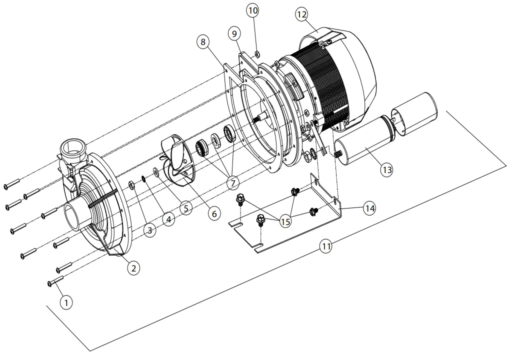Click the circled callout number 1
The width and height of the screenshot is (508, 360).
(66, 302)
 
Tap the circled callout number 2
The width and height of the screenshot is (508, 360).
(133, 267)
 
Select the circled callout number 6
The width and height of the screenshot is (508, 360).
(214, 213)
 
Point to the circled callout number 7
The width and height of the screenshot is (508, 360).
(232, 183)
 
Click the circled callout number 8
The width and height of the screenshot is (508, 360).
(203, 42)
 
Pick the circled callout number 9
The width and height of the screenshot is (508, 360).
(234, 33)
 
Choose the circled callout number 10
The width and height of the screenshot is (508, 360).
(253, 10)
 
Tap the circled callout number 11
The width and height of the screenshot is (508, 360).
(326, 246)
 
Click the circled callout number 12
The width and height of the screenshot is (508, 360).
(301, 14)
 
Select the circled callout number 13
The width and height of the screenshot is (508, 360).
(387, 169)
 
